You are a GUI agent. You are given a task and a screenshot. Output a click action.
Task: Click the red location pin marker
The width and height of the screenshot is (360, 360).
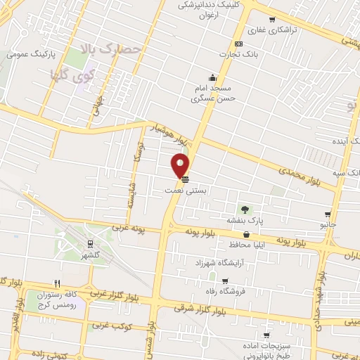[x=181, y=165]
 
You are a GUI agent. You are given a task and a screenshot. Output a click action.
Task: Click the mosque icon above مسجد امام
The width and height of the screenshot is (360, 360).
[x=212, y=77]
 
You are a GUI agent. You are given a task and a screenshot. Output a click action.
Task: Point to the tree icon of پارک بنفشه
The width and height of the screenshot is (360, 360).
[x=245, y=210]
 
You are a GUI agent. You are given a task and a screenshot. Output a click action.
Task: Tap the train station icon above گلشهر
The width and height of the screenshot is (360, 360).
[x=90, y=244]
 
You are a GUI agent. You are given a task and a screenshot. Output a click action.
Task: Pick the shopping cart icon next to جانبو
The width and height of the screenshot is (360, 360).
[x=328, y=214]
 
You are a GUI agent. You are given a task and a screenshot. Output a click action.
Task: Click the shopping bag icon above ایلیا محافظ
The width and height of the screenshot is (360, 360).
[x=246, y=235]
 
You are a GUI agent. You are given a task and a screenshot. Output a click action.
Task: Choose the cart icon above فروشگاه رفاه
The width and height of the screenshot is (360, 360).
[x=243, y=281]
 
